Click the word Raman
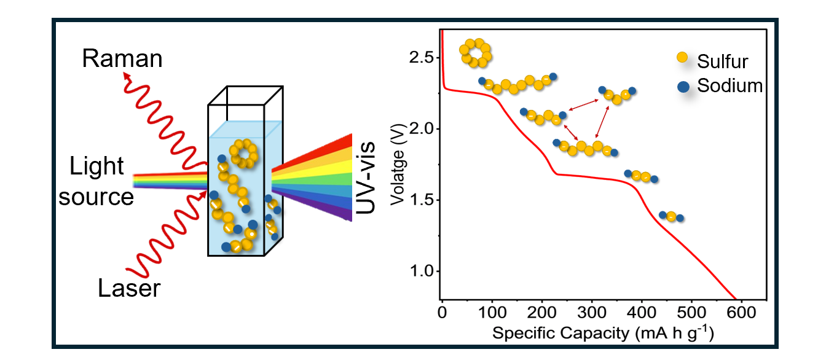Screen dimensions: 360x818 click(x=122, y=60)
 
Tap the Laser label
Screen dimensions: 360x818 click(x=129, y=288)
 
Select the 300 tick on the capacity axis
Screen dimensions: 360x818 click(x=591, y=312)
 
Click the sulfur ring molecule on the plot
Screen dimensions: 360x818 click(x=476, y=53)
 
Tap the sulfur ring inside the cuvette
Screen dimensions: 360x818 click(x=245, y=154)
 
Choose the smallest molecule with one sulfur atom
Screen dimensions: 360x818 click(x=671, y=216)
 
